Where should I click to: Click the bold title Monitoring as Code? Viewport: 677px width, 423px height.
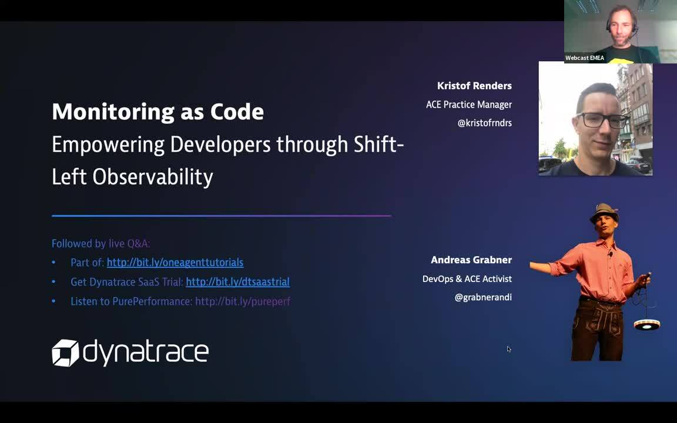tap(157, 112)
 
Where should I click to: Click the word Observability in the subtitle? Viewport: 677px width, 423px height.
tap(153, 176)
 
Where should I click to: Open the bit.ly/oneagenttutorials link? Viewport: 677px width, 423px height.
tap(175, 263)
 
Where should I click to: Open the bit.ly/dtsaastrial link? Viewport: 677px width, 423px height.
tap(237, 282)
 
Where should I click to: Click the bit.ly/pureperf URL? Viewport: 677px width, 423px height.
tap(242, 301)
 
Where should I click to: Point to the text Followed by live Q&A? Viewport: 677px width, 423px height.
tap(100, 243)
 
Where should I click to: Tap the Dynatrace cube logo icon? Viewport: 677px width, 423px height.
tap(65, 352)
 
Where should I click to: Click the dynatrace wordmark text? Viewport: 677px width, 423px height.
tap(146, 352)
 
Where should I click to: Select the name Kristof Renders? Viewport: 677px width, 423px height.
tap(474, 86)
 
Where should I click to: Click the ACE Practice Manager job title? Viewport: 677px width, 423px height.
tap(468, 105)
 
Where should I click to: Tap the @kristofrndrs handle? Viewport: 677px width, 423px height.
tap(484, 123)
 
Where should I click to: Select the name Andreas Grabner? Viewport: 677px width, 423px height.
tap(471, 260)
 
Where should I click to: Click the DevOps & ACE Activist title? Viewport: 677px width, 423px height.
tap(467, 278)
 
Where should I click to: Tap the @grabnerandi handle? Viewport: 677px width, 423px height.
tap(482, 297)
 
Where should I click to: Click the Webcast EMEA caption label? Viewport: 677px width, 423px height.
tap(584, 58)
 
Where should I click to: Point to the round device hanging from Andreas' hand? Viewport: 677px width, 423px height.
tap(646, 324)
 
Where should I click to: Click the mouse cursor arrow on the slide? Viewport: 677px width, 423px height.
tap(508, 349)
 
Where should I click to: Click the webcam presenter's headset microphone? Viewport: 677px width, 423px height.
tap(611, 32)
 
